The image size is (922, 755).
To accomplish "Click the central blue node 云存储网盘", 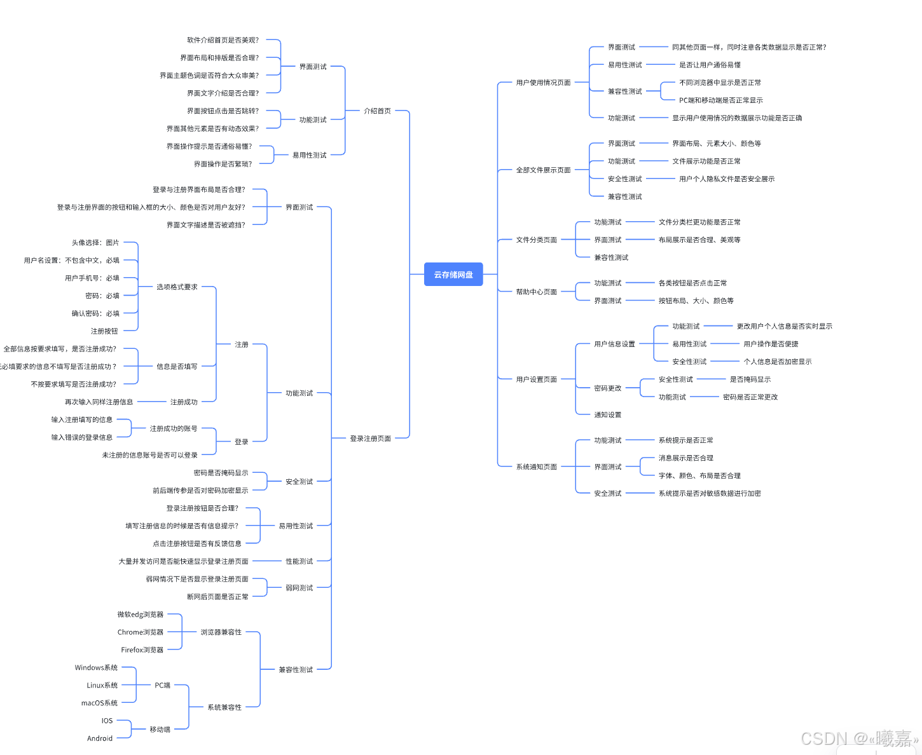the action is (x=453, y=275).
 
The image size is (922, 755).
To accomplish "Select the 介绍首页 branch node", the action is (x=377, y=111).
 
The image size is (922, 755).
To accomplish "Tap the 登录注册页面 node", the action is (x=370, y=439).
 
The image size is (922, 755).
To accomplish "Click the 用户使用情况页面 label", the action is (x=543, y=83).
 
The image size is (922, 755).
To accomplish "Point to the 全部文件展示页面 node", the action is (x=543, y=170).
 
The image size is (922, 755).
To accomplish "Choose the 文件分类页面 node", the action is (x=536, y=240).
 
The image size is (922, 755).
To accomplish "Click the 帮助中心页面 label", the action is (x=536, y=292).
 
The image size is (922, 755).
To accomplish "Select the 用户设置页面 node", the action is (x=536, y=379).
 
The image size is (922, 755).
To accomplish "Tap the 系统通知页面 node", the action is (x=536, y=467).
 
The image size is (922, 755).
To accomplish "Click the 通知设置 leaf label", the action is (x=607, y=415).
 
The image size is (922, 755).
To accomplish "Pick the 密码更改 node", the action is (x=607, y=388).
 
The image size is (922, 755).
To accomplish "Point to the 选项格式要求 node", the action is (x=177, y=287).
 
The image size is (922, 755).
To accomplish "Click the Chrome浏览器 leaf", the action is (x=141, y=632).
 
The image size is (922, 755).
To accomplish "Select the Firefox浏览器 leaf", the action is (x=142, y=650).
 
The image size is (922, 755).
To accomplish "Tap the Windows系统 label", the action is (x=96, y=668).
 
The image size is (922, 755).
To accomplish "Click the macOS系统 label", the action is (x=99, y=704).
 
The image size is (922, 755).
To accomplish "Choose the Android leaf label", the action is (x=100, y=738).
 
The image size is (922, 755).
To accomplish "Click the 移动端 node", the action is (x=160, y=730).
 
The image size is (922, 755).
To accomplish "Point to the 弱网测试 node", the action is (x=299, y=588).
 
